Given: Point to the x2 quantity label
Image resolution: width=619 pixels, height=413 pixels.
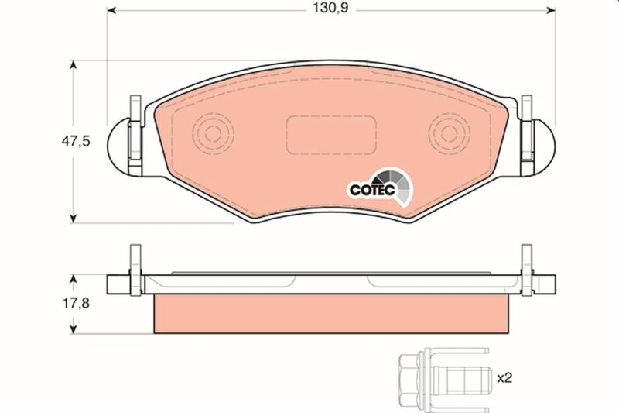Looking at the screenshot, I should click(x=504, y=378).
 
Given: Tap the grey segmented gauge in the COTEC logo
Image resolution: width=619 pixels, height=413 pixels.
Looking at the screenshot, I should click(x=404, y=186).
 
